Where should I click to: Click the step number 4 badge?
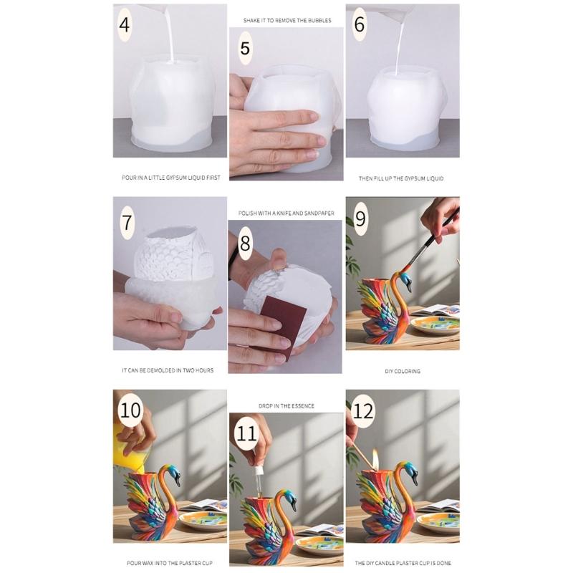point(125,26)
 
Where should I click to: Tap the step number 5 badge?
point(246,49)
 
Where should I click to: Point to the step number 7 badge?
point(126,221)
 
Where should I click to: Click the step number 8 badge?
point(245,244)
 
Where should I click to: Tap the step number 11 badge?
point(247,434)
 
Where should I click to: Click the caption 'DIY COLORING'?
point(402,371)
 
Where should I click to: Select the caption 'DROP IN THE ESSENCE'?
point(286,406)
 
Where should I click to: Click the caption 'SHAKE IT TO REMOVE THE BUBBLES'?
point(286,21)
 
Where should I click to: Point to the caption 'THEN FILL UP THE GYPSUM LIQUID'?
point(402,178)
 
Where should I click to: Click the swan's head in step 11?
point(289,496)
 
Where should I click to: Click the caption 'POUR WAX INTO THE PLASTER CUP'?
point(170,563)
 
